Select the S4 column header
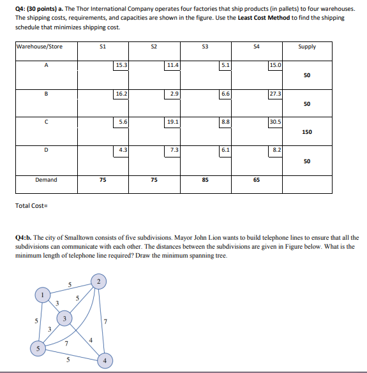tap(257, 47)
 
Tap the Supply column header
tap(307, 47)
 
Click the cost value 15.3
tap(121, 65)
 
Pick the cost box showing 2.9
tap(173, 93)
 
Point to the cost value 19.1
tap(172, 121)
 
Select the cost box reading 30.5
tap(276, 121)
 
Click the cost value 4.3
tap(122, 149)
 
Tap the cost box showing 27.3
tap(276, 94)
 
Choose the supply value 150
tap(307, 132)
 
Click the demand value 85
tap(205, 180)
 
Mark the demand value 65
tap(256, 180)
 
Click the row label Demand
tap(46, 180)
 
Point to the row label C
tap(46, 121)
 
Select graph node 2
tap(98, 281)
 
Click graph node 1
tap(43, 295)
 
